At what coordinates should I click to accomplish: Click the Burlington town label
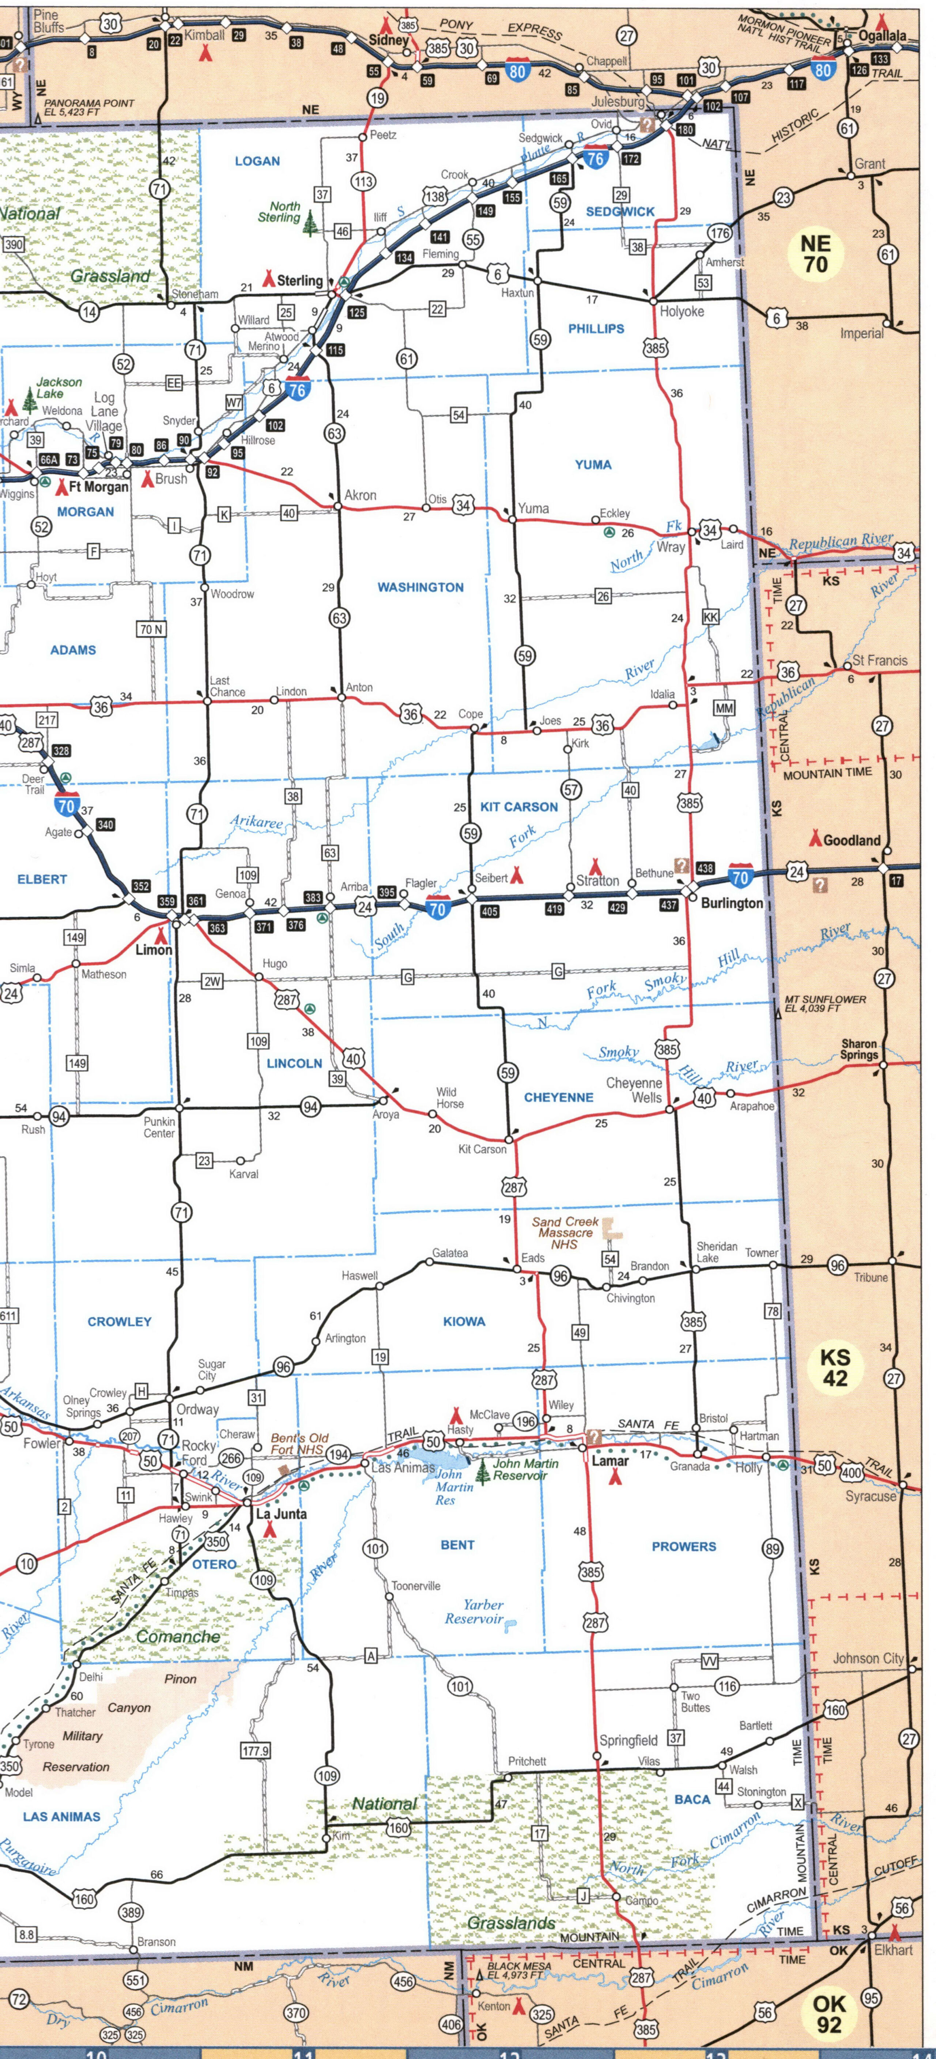click(x=731, y=903)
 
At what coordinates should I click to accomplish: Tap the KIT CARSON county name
click(x=519, y=807)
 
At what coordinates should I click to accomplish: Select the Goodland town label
click(x=851, y=840)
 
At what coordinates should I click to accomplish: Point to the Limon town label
click(x=154, y=949)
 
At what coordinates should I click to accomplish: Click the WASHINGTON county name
click(x=420, y=588)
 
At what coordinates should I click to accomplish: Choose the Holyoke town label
click(x=681, y=312)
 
